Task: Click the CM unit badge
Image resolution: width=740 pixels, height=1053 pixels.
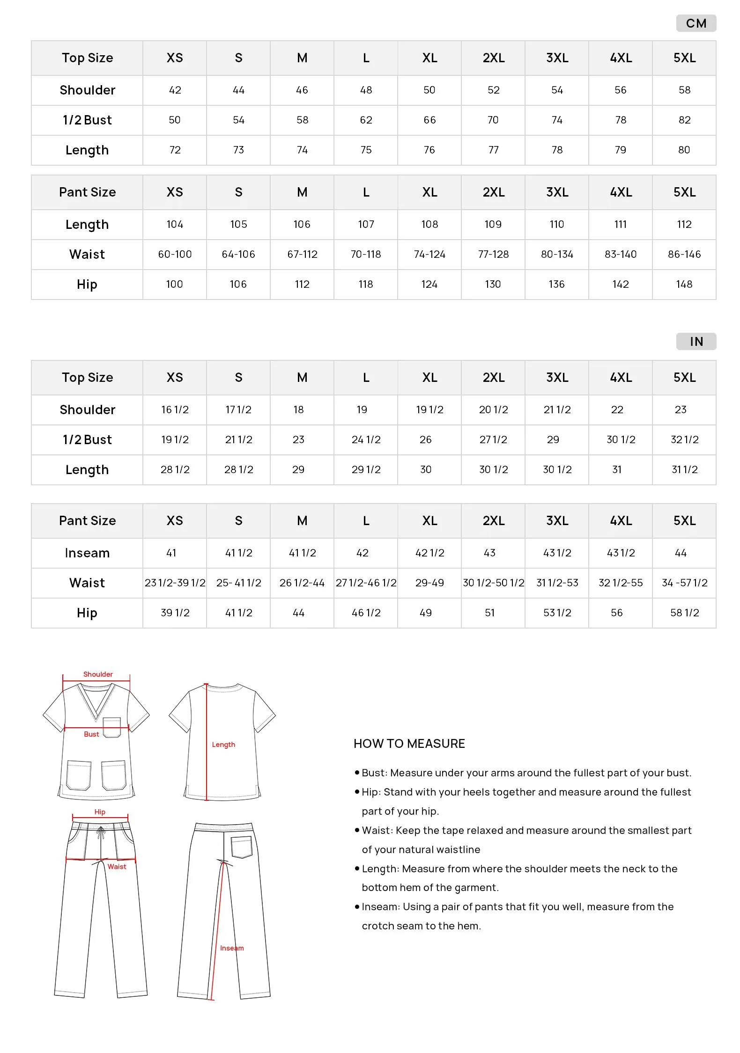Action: coord(696,23)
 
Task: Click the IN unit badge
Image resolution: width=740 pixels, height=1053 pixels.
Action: coord(696,342)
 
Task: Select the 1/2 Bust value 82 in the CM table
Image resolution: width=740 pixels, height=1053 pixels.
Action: coord(684,120)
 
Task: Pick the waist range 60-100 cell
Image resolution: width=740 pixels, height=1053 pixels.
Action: coord(175,255)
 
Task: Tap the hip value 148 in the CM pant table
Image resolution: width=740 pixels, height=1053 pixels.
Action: coord(684,285)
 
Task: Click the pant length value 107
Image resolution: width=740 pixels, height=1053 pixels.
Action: coord(366,225)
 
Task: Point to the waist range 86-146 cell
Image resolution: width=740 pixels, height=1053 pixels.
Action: coord(684,255)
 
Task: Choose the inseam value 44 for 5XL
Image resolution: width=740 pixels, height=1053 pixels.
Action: coord(681,553)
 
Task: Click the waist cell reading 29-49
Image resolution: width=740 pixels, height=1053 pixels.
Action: coord(429,583)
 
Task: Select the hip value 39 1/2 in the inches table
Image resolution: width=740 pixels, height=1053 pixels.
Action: coord(175,613)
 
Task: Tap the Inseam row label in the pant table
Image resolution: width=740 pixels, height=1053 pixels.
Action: coord(87,553)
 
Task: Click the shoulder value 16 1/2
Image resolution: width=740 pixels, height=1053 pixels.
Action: coord(175,410)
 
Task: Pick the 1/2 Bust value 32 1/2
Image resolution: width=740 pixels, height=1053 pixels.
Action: coord(684,440)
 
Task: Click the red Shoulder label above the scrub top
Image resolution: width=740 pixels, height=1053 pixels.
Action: coord(98,674)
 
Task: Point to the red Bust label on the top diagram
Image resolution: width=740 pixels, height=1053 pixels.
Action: coord(91,734)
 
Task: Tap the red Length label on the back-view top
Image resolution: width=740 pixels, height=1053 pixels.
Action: coord(223,745)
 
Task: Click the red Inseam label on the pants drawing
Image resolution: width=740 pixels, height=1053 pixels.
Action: coord(232,948)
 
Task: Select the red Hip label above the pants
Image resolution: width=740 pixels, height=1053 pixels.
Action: coord(100,812)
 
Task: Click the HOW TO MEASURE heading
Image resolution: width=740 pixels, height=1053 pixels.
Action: coord(409,744)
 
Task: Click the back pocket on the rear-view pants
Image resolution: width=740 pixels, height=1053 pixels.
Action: coord(242,847)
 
